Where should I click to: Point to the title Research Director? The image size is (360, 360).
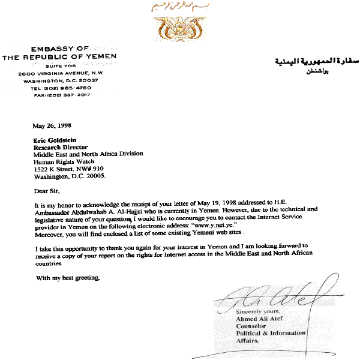(x=61, y=146)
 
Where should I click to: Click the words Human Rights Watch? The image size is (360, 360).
(x=61, y=161)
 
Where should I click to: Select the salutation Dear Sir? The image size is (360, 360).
(x=47, y=191)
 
